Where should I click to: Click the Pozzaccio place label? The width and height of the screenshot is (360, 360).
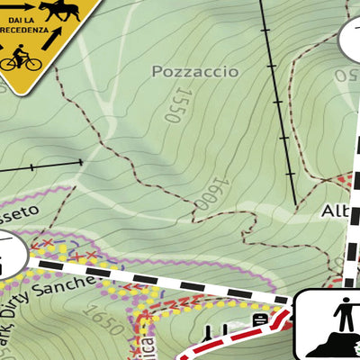pyautogui.click(x=195, y=70)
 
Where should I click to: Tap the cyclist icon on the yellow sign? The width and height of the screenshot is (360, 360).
pyautogui.click(x=21, y=60)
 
